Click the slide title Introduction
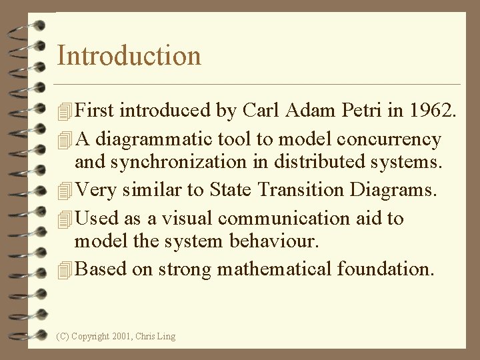coord(129,55)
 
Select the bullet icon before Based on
coord(65,271)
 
